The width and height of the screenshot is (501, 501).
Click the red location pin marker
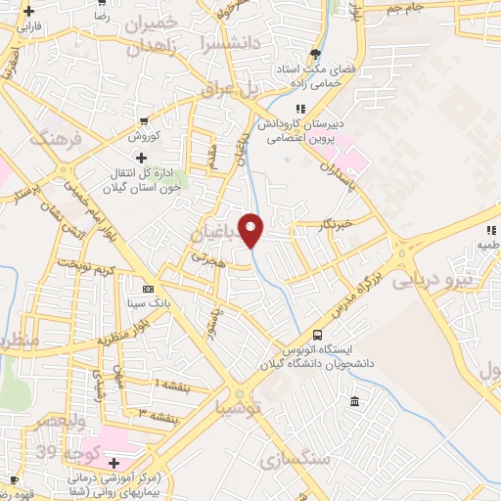tap(251, 228)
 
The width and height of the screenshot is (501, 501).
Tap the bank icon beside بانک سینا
tap(148, 290)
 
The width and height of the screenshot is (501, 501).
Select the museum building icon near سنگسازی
tap(353, 402)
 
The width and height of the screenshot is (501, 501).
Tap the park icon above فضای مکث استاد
tap(313, 54)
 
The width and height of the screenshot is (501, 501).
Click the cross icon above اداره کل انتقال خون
tap(143, 158)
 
